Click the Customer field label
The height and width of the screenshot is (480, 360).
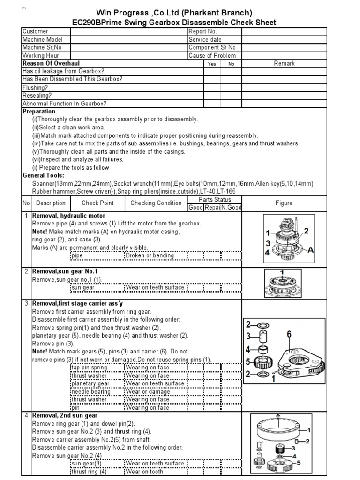click(x=36, y=31)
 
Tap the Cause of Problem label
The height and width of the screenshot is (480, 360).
click(x=212, y=55)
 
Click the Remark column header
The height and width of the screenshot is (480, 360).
click(x=284, y=63)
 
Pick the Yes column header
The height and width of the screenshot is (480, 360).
click(x=212, y=64)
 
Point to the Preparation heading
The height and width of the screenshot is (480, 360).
click(x=39, y=112)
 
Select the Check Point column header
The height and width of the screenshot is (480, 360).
click(x=97, y=203)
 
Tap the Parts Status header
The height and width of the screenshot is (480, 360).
click(x=214, y=200)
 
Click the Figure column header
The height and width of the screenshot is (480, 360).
click(x=284, y=203)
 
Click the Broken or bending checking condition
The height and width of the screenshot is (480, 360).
click(x=149, y=255)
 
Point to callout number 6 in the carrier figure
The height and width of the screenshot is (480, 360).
click(x=289, y=334)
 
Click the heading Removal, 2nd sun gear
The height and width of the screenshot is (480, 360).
click(x=65, y=415)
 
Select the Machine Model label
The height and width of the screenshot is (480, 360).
click(x=43, y=39)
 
